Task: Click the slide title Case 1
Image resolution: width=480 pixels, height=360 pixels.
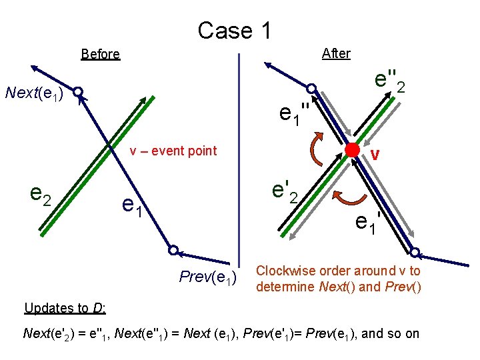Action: (234, 30)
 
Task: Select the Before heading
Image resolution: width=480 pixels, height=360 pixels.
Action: (100, 54)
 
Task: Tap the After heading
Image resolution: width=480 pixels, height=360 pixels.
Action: (335, 53)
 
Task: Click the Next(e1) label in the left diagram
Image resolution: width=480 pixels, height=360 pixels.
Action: (34, 93)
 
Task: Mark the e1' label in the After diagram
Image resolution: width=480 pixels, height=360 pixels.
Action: (368, 221)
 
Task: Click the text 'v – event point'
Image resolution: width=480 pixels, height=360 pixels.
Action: (173, 151)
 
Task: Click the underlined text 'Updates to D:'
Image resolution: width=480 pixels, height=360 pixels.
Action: (65, 308)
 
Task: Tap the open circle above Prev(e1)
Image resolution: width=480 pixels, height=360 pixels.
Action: (173, 251)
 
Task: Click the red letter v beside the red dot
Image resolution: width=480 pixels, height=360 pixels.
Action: (375, 155)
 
